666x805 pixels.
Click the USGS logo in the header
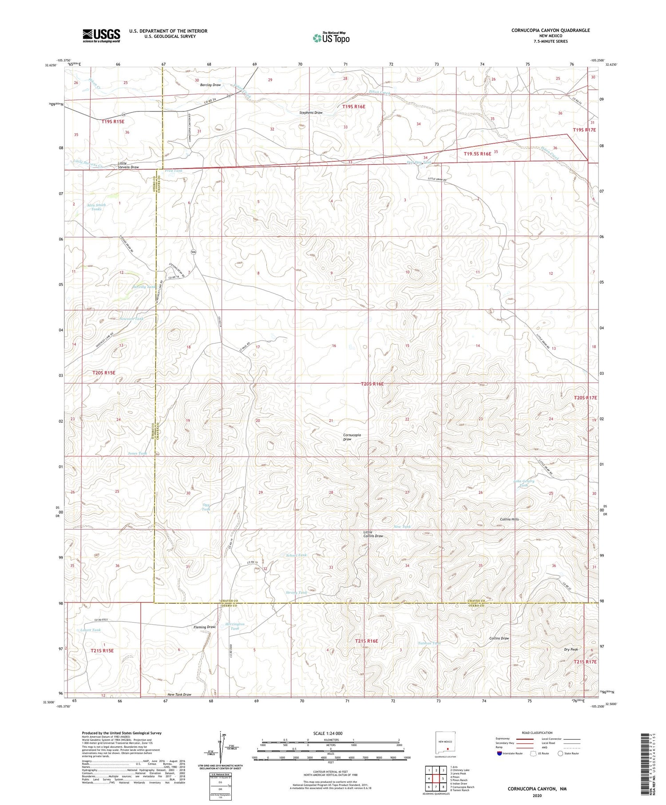[x=101, y=36]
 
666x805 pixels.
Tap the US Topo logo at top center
[x=331, y=38]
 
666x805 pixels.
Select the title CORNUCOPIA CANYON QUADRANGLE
[x=551, y=30]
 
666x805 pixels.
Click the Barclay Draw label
[x=210, y=85]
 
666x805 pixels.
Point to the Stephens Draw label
[x=311, y=113]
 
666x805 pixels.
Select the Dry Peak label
[x=571, y=649]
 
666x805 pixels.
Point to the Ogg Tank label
[x=206, y=507]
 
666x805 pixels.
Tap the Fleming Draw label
[x=205, y=627]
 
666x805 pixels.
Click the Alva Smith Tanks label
[x=96, y=207]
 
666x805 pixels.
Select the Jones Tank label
[x=137, y=453]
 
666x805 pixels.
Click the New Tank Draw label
[x=179, y=694]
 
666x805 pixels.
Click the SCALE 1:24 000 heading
[x=328, y=733]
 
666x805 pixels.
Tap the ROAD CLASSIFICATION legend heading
[x=537, y=733]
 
